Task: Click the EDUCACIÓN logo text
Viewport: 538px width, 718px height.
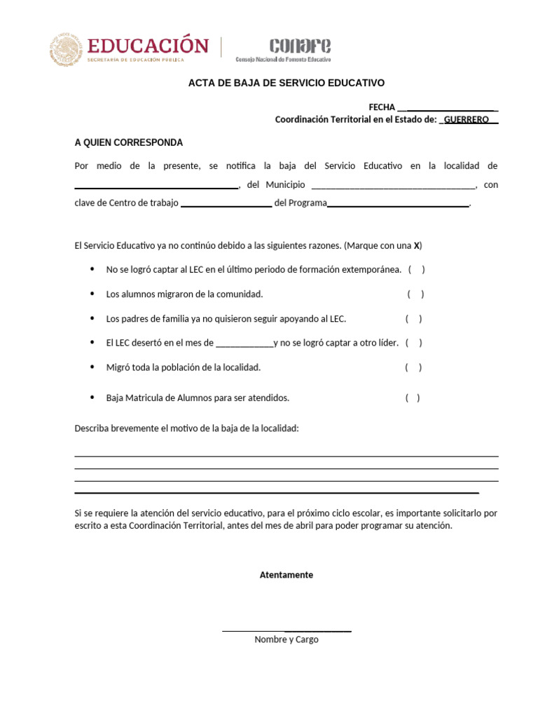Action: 147,46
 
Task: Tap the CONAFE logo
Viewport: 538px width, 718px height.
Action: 300,46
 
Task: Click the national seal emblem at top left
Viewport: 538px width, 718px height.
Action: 66,50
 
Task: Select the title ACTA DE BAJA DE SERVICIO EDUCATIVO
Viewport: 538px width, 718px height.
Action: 287,83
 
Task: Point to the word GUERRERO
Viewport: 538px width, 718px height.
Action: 467,120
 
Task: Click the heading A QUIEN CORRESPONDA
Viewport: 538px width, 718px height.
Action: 129,142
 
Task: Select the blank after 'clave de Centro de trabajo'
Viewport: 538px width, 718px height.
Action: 226,205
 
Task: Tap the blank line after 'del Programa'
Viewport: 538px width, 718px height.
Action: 398,205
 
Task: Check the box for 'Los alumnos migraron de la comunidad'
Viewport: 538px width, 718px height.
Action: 415,294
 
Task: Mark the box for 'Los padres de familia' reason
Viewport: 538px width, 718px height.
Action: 413,319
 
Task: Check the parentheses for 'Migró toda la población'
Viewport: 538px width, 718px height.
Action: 413,367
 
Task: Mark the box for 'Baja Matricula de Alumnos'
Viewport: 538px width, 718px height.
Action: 413,398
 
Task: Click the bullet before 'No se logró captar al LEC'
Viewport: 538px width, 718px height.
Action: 92,269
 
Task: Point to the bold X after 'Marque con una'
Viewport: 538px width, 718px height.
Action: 417,246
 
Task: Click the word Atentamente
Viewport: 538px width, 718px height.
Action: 287,575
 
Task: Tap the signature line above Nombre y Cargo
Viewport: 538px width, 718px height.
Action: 287,631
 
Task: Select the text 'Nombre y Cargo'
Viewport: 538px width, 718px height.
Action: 287,639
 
